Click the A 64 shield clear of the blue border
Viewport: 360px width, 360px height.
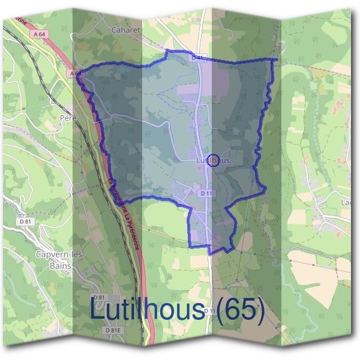(x=40, y=34)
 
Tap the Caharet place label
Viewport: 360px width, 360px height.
(x=125, y=28)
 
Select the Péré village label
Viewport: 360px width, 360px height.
(x=67, y=118)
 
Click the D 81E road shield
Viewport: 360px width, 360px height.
(x=112, y=331)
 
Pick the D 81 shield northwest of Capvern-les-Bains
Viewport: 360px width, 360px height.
(x=25, y=221)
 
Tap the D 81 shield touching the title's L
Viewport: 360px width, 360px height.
(x=100, y=298)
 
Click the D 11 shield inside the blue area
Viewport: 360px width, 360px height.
(x=206, y=193)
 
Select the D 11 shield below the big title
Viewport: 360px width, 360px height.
(x=209, y=311)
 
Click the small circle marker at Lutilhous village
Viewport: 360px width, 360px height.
(x=217, y=159)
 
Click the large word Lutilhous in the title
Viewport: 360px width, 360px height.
(x=146, y=309)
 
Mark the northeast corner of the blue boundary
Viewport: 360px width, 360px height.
(x=275, y=59)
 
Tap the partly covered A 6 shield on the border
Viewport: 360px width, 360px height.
(x=74, y=73)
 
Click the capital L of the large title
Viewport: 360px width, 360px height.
(x=98, y=309)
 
